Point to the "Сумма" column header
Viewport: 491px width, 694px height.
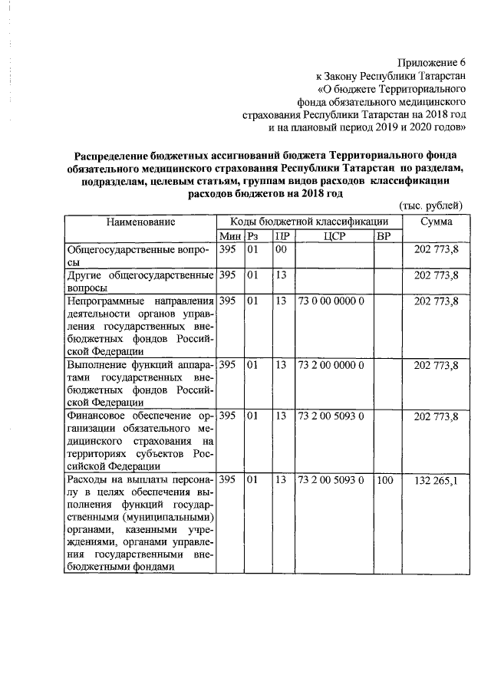[x=436, y=222]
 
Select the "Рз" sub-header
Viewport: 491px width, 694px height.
[x=253, y=235]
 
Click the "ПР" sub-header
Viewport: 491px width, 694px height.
[x=282, y=235]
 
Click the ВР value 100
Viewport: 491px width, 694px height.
[x=384, y=481]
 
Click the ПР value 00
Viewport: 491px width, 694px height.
[x=282, y=249]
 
